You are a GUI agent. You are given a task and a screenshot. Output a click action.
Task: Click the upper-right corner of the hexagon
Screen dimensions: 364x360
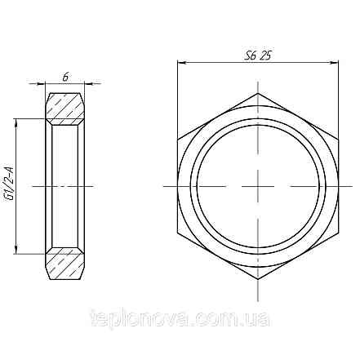click(339, 138)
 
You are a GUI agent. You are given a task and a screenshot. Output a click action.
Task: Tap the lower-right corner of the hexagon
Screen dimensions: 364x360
click(339, 232)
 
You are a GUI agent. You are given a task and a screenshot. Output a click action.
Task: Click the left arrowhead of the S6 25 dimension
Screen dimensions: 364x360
click(180, 63)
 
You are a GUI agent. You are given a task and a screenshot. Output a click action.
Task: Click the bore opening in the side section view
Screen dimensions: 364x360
click(64, 185)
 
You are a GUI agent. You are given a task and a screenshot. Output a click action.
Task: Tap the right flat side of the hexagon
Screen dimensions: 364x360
click(339, 185)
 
